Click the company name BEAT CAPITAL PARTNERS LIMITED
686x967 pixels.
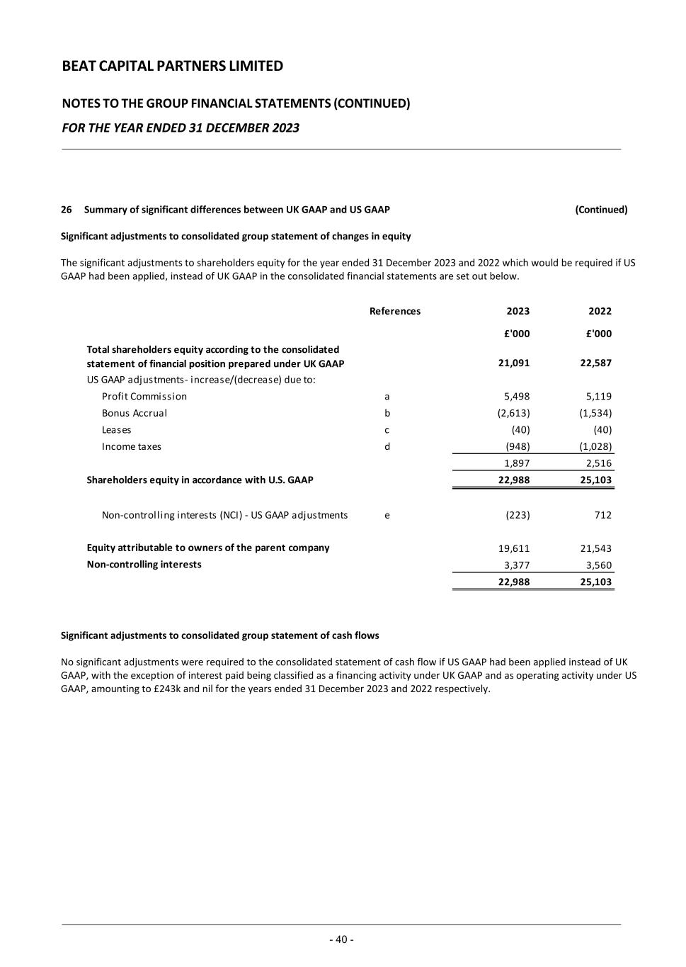[173, 66]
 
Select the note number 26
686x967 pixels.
[67, 210]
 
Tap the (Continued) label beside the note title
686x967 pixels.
[601, 210]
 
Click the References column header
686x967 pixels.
[394, 311]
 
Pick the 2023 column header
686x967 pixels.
[518, 311]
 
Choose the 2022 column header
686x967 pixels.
[600, 311]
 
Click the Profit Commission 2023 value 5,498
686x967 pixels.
[516, 396]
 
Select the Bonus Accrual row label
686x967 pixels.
[135, 413]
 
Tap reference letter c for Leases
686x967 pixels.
[387, 430]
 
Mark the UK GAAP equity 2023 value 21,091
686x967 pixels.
[513, 363]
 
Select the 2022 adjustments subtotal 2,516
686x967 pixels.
[598, 463]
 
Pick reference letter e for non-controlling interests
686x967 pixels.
[387, 515]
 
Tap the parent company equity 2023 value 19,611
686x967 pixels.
[514, 548]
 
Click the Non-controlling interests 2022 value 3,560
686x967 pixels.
[598, 565]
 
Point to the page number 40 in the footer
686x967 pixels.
[341, 939]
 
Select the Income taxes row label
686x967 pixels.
[132, 446]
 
